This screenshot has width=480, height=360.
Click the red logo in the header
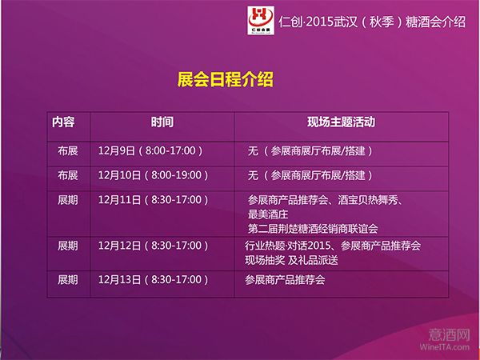pos(261,20)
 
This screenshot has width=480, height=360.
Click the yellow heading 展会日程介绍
pos(225,79)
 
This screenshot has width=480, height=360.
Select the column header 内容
pos(63,122)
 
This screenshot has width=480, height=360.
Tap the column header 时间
pos(162,122)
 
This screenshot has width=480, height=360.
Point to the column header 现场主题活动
pos(342,122)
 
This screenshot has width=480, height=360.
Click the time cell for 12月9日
pos(150,150)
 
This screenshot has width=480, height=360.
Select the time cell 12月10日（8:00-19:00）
pos(154,175)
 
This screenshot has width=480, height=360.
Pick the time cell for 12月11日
pos(154,200)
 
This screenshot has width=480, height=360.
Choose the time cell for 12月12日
pos(154,246)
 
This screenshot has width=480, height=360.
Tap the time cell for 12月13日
pos(154,279)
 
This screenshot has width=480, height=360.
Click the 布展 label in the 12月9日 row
pos(68,150)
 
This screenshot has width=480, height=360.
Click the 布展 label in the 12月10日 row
pos(68,175)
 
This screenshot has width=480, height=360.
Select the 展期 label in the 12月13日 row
pos(68,279)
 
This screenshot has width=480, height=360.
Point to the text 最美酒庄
pos(268,214)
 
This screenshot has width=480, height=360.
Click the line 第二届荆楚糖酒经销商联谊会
pos(313,229)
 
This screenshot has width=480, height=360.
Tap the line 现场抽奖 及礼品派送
pos(291,260)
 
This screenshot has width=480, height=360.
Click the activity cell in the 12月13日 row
pos(285,279)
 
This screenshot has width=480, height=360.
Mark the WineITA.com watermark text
pos(445,347)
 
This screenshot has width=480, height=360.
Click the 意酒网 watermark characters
pos(449,334)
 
